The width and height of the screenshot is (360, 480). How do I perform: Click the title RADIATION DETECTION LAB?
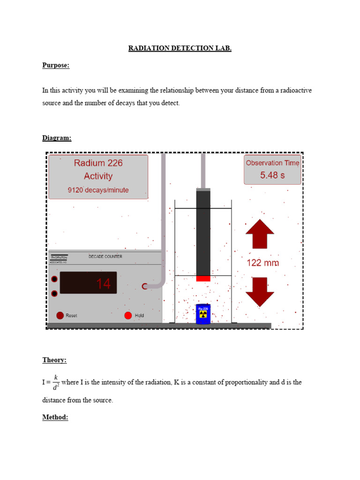(180, 48)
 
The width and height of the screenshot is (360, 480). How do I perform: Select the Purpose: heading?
(56, 66)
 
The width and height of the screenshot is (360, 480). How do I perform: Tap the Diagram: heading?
(57, 138)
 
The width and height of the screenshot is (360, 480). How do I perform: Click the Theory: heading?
(54, 360)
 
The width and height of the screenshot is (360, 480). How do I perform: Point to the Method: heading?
(55, 417)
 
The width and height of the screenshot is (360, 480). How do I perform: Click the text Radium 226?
(98, 163)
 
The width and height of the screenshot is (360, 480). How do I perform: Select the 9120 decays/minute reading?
(98, 190)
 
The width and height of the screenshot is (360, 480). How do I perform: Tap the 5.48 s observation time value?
(272, 175)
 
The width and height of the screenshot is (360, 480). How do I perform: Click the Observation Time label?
(272, 163)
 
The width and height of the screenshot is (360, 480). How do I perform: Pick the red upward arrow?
(259, 234)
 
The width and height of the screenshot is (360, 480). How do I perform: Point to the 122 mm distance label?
(262, 263)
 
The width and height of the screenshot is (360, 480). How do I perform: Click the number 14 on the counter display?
(103, 284)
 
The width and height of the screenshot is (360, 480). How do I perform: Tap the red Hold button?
(128, 315)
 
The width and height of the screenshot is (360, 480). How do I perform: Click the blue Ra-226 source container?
(203, 314)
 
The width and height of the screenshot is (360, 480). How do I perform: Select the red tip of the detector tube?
(203, 278)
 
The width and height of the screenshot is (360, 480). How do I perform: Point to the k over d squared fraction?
(56, 382)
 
